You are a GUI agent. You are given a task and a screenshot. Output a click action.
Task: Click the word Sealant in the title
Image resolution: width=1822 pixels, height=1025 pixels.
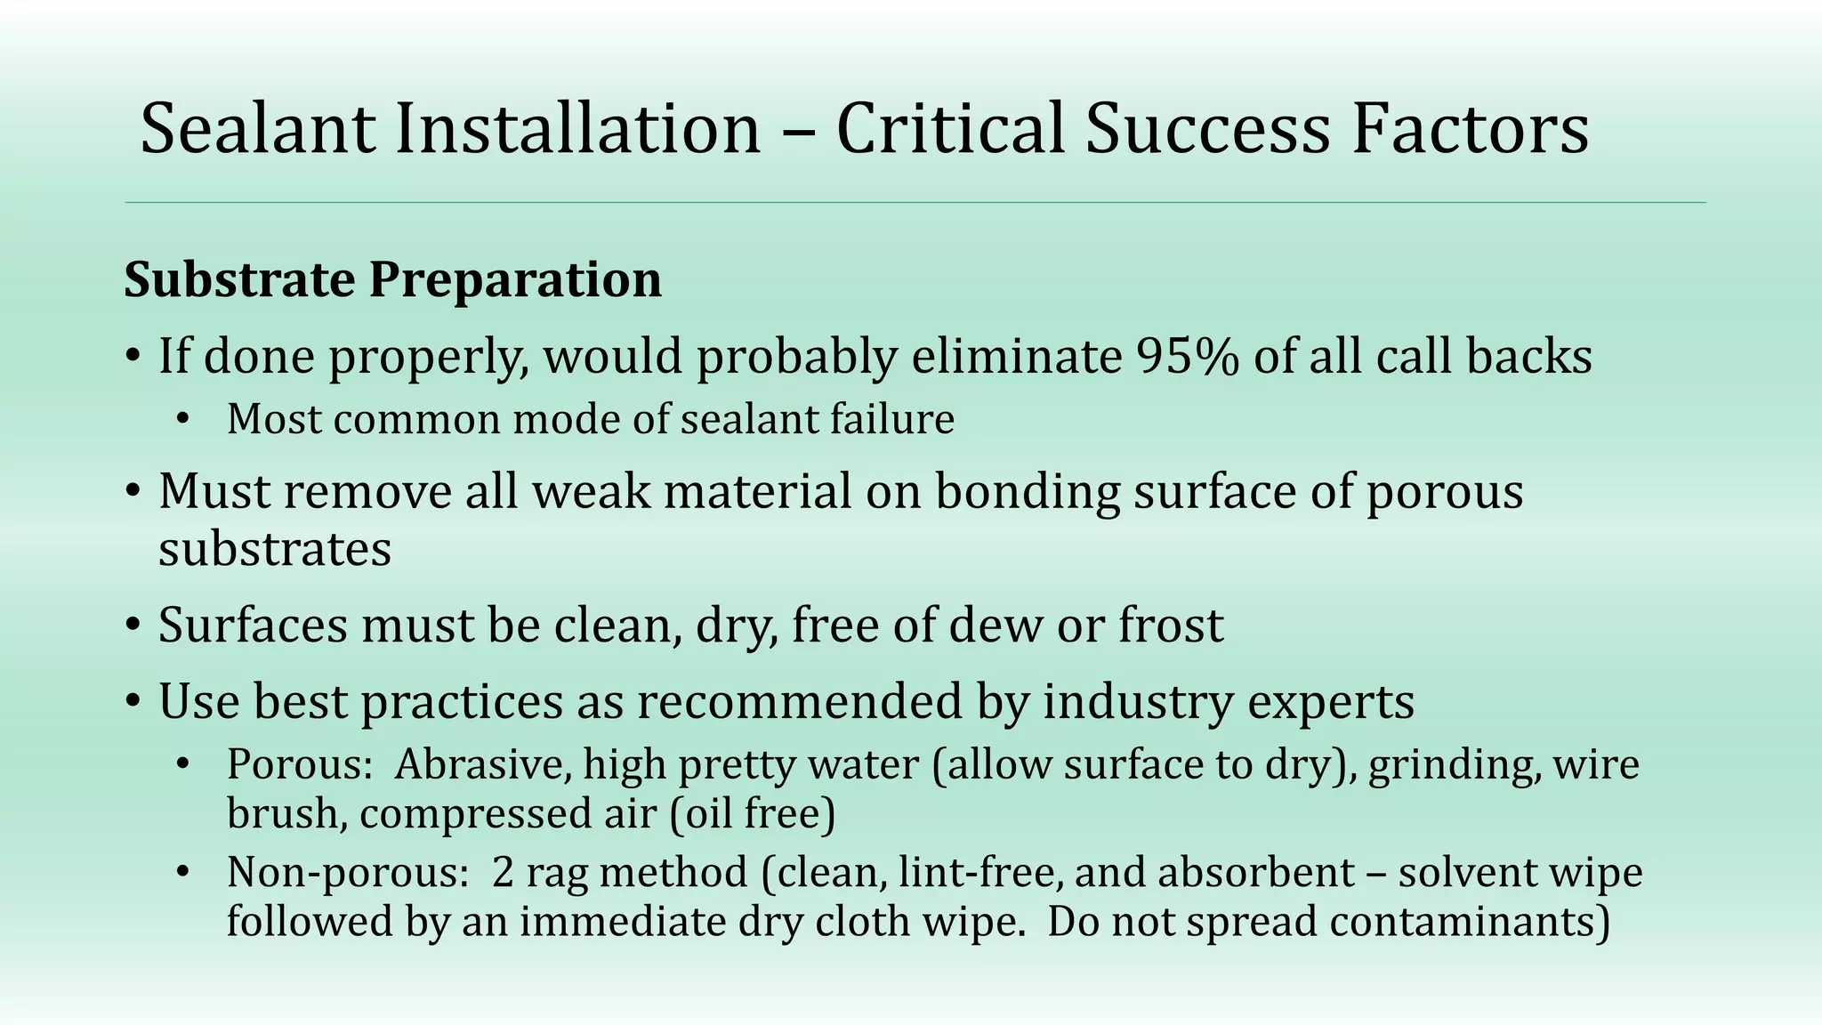pyautogui.click(x=259, y=129)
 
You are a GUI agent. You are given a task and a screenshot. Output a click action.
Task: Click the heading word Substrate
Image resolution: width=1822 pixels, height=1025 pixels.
pyautogui.click(x=239, y=280)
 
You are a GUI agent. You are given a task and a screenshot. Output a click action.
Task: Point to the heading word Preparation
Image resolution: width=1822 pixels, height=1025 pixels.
pyautogui.click(x=515, y=280)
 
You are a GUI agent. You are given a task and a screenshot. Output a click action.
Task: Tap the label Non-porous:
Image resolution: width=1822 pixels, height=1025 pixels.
pyautogui.click(x=348, y=873)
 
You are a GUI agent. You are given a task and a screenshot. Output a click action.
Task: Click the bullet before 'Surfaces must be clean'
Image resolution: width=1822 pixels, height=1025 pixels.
pyautogui.click(x=133, y=625)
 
